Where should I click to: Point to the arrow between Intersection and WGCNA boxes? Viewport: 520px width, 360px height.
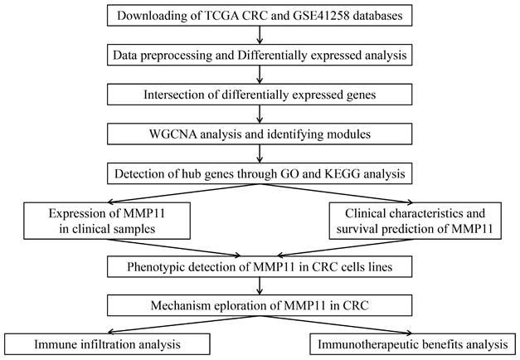pyautogui.click(x=260, y=114)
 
